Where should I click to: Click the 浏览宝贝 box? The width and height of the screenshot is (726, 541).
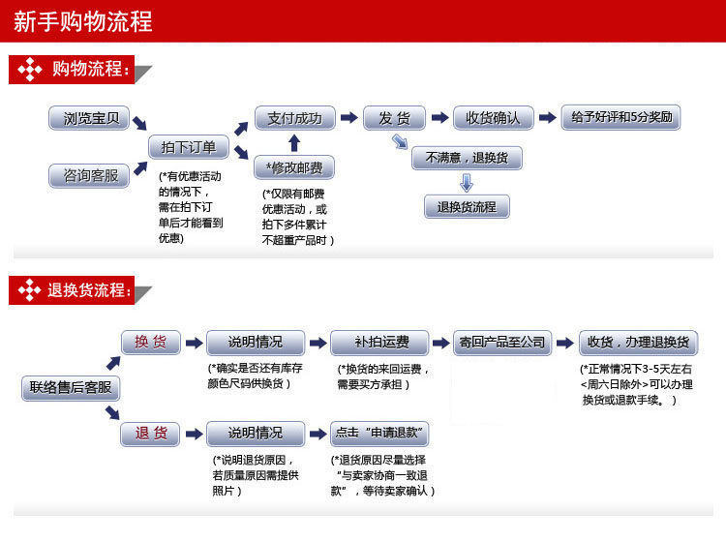pyautogui.click(x=92, y=119)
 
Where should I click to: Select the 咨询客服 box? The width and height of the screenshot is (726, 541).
pyautogui.click(x=92, y=175)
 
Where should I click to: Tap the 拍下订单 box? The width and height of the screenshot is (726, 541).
pyautogui.click(x=189, y=147)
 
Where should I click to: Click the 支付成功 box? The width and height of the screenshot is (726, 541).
pyautogui.click(x=295, y=118)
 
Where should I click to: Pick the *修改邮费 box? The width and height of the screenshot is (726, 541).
pyautogui.click(x=294, y=168)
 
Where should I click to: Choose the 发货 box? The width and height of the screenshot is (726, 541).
pyautogui.click(x=394, y=118)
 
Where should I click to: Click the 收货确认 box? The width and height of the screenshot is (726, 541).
pyautogui.click(x=493, y=118)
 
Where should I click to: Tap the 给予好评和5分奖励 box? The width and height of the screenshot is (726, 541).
pyautogui.click(x=620, y=118)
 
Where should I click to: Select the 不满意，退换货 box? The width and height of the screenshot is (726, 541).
pyautogui.click(x=467, y=157)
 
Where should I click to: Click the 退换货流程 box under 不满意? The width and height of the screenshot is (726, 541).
pyautogui.click(x=467, y=206)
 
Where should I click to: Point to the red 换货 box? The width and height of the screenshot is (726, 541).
pyautogui.click(x=150, y=342)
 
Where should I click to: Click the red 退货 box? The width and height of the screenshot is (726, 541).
pyautogui.click(x=150, y=433)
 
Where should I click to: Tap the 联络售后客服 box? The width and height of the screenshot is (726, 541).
pyautogui.click(x=70, y=388)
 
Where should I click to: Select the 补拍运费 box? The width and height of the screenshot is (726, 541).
pyautogui.click(x=381, y=342)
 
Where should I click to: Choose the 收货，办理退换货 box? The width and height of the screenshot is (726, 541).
pyautogui.click(x=638, y=342)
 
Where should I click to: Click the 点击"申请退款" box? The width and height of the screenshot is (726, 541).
pyautogui.click(x=379, y=433)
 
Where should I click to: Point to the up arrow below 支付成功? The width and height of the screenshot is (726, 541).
pyautogui.click(x=294, y=143)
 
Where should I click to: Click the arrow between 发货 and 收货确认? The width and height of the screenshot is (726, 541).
pyautogui.click(x=439, y=118)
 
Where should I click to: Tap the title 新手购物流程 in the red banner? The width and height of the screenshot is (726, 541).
pyautogui.click(x=82, y=21)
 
